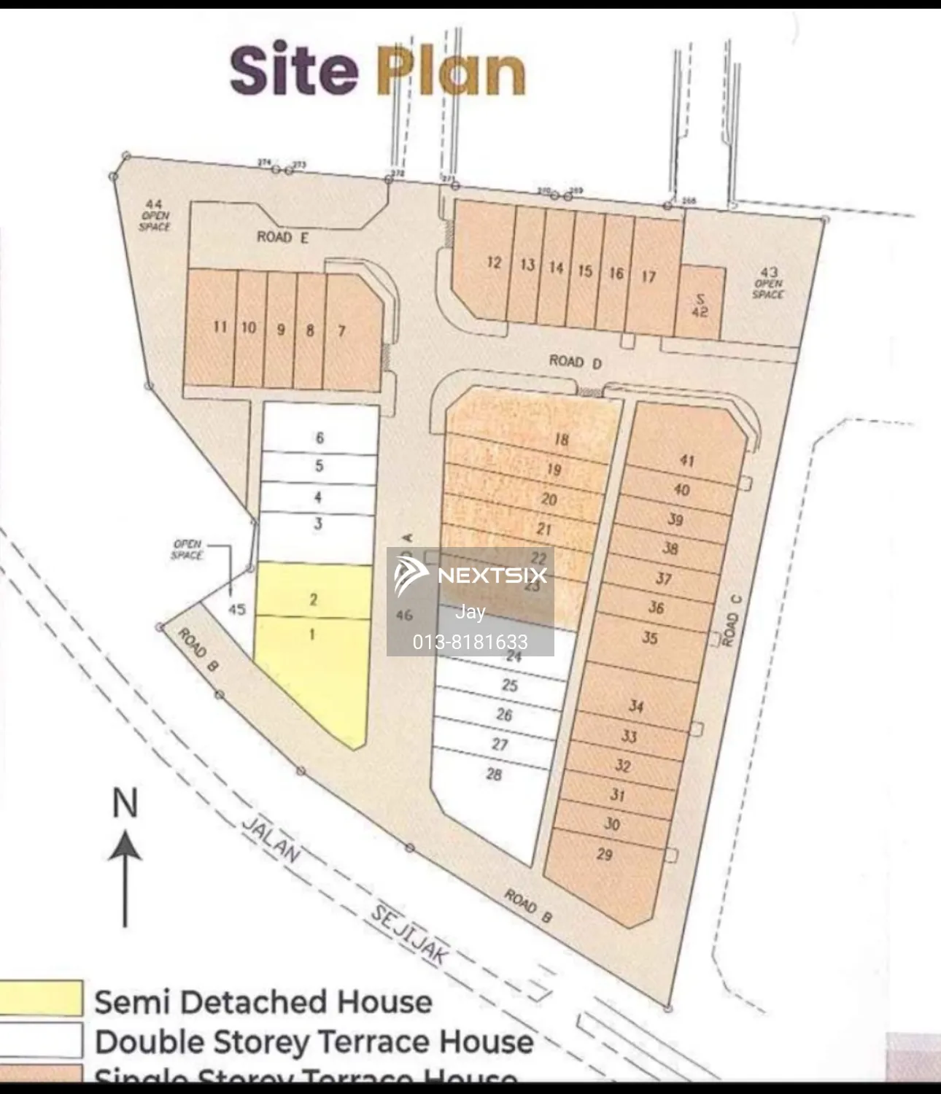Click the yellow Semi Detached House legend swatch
41,998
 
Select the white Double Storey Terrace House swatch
41,1040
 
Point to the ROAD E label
283,237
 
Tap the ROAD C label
732,620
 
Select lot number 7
341,331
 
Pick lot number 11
220,327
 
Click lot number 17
648,276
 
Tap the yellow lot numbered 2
314,600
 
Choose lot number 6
320,438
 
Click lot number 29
605,854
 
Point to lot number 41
687,460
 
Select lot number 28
494,774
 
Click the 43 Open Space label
768,283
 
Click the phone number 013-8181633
470,642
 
